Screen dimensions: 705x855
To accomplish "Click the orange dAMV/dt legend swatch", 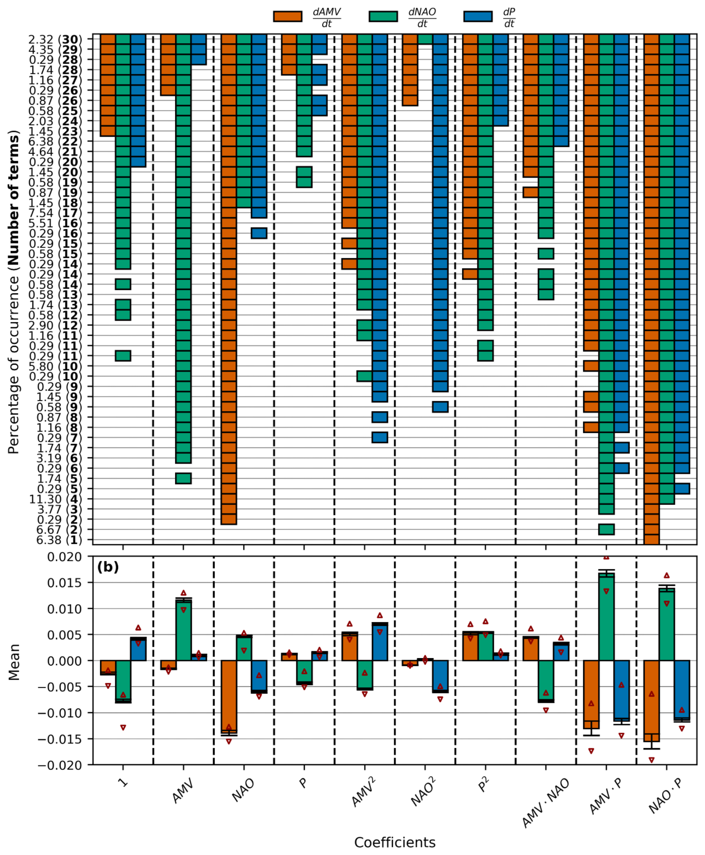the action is coord(288,16).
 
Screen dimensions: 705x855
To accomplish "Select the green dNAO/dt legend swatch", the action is coord(383,16).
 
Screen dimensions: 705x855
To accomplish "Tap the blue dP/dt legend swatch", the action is coord(478,16).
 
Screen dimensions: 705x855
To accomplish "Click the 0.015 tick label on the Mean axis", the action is coord(65,583).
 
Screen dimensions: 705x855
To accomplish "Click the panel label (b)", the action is coord(108,566).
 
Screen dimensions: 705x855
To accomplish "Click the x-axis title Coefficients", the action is coord(395,842).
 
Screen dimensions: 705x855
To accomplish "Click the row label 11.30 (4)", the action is coord(55,499).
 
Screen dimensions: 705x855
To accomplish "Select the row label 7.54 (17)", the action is coord(55,213).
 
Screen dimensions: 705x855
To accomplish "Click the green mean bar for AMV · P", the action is coord(606,617).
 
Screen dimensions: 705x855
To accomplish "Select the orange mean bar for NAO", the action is coord(229,697).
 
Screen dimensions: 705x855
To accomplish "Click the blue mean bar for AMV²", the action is coord(380,642).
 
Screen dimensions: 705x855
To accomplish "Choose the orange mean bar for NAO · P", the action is coord(651,701).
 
